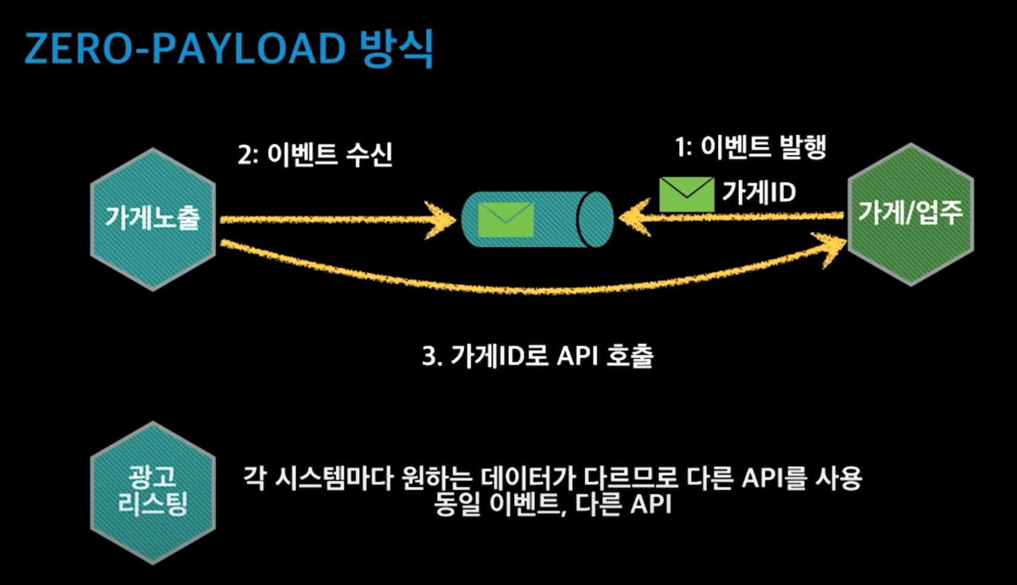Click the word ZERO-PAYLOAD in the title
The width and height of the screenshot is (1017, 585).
(185, 49)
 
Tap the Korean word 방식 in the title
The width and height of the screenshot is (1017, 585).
(396, 49)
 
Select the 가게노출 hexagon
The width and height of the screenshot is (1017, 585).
(153, 219)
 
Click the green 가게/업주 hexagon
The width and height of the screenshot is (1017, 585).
(910, 213)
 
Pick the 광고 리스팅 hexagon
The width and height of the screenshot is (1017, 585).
(153, 493)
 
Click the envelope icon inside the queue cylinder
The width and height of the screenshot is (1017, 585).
(506, 219)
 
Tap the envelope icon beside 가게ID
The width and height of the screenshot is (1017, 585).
(686, 194)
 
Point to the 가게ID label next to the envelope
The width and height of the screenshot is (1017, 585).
(759, 192)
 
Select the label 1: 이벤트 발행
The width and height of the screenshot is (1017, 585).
(751, 147)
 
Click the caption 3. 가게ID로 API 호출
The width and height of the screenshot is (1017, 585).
(538, 356)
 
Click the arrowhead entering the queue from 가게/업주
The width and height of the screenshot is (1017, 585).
(634, 217)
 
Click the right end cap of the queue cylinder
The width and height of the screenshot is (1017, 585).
(596, 219)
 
